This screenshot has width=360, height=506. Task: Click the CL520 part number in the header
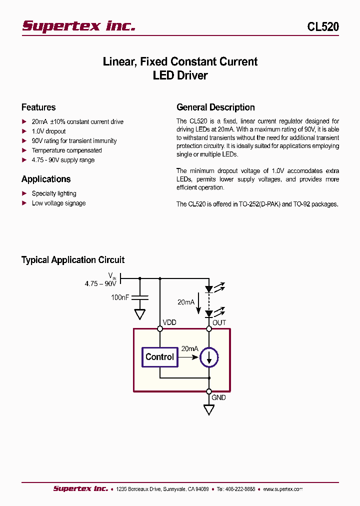pos(322,27)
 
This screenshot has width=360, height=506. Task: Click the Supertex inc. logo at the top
pos(78,26)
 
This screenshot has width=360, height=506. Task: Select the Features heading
pos(38,107)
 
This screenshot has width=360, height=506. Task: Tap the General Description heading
pos(215,107)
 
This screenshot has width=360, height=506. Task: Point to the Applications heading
pos(46,179)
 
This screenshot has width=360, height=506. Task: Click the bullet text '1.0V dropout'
pos(48,131)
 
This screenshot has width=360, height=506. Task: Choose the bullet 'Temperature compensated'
pos(66,150)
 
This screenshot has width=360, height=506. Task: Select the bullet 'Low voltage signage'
pos(58,203)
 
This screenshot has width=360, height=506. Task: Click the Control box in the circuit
pos(159,357)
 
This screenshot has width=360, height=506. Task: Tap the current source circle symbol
pos(209,357)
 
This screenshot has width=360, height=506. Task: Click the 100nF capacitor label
pos(120,297)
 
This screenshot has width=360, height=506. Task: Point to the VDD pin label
pos(169,322)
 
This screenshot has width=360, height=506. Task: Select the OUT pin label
pos(219,322)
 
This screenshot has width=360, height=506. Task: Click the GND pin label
pos(218,397)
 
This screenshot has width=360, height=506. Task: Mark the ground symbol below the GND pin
pos(209,409)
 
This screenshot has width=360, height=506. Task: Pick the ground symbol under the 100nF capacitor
pos(140,314)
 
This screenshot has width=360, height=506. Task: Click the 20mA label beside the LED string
pos(186,302)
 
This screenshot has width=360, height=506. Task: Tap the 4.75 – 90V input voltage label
pos(100,283)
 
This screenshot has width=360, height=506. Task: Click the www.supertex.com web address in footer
pos(282,489)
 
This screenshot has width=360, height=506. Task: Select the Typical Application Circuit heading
pos(72,260)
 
